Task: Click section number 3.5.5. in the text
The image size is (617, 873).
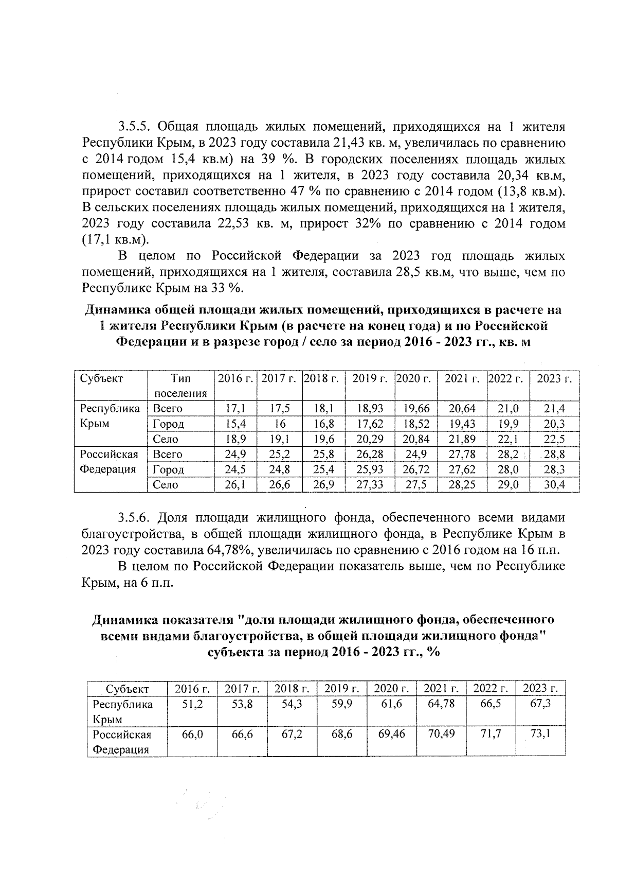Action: click(135, 127)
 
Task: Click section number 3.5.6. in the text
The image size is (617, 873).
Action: click(135, 517)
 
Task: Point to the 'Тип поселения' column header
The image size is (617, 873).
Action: click(180, 386)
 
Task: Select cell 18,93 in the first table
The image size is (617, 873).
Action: click(370, 409)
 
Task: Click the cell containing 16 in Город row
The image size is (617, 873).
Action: click(280, 424)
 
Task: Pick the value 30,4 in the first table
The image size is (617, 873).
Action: click(554, 485)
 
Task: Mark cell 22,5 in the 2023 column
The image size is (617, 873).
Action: click(554, 439)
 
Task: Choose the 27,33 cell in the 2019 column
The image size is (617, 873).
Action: click(370, 485)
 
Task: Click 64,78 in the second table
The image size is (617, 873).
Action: click(441, 704)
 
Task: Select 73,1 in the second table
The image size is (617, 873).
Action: click(540, 734)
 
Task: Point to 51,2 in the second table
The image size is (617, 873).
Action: click(192, 704)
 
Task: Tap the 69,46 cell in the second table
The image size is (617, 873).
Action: click(391, 734)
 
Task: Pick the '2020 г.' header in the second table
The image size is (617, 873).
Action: click(391, 689)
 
